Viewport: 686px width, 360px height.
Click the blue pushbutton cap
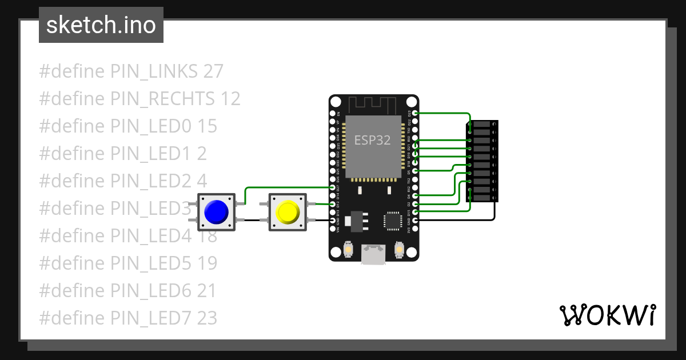tap(217, 212)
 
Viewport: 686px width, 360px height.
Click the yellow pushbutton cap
tap(288, 212)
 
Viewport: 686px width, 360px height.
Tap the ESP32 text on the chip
tap(373, 140)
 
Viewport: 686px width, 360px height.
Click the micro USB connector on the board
tap(373, 255)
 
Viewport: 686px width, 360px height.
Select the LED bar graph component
tap(481, 161)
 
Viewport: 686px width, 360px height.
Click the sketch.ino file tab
tap(101, 25)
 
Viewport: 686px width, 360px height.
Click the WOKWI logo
tap(607, 315)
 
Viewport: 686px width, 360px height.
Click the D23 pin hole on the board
tap(415, 114)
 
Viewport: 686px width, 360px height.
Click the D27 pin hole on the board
tap(334, 187)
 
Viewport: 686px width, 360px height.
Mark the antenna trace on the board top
tap(373, 105)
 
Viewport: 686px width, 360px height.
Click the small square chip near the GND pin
tap(393, 221)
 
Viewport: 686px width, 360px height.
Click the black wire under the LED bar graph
tap(457, 220)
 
